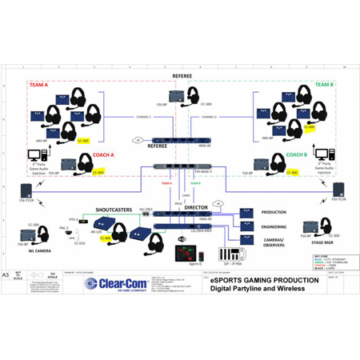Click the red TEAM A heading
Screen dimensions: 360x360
38,84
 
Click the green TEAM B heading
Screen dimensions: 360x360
324,84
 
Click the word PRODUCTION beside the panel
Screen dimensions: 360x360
274,212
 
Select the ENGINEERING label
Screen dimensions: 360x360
274,226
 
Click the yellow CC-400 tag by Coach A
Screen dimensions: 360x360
99,172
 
